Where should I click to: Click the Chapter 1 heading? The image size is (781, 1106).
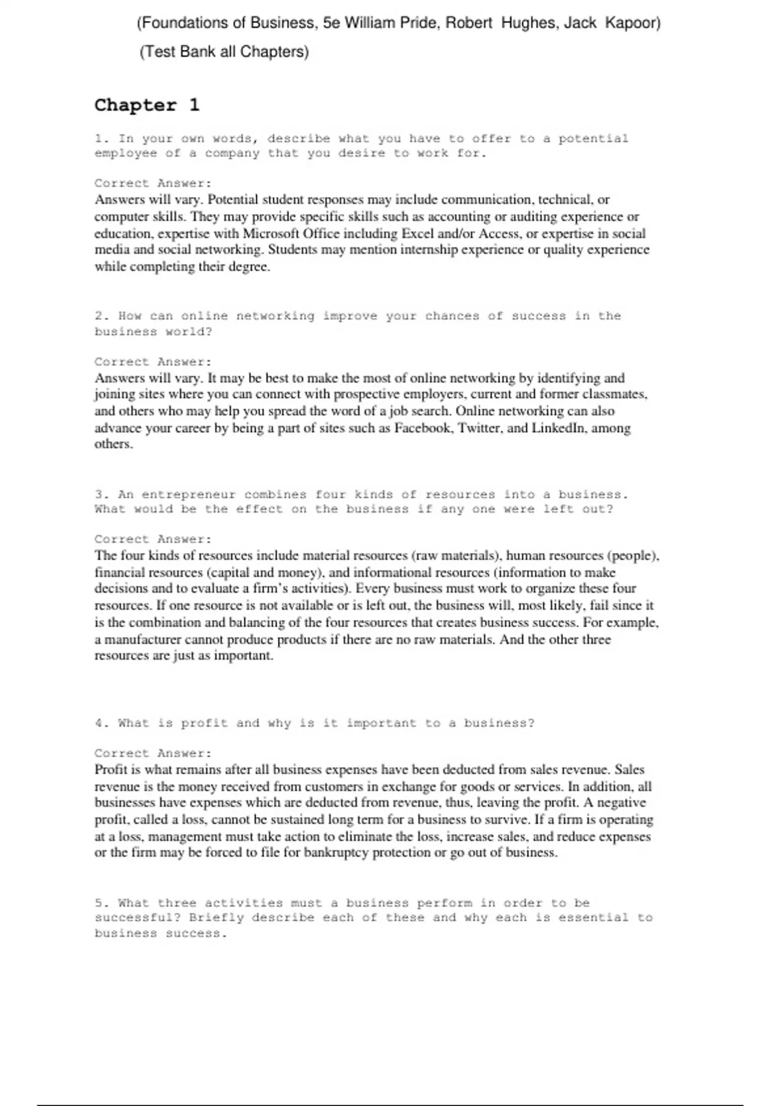coord(147,105)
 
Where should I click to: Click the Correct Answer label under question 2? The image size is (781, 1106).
coord(153,362)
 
